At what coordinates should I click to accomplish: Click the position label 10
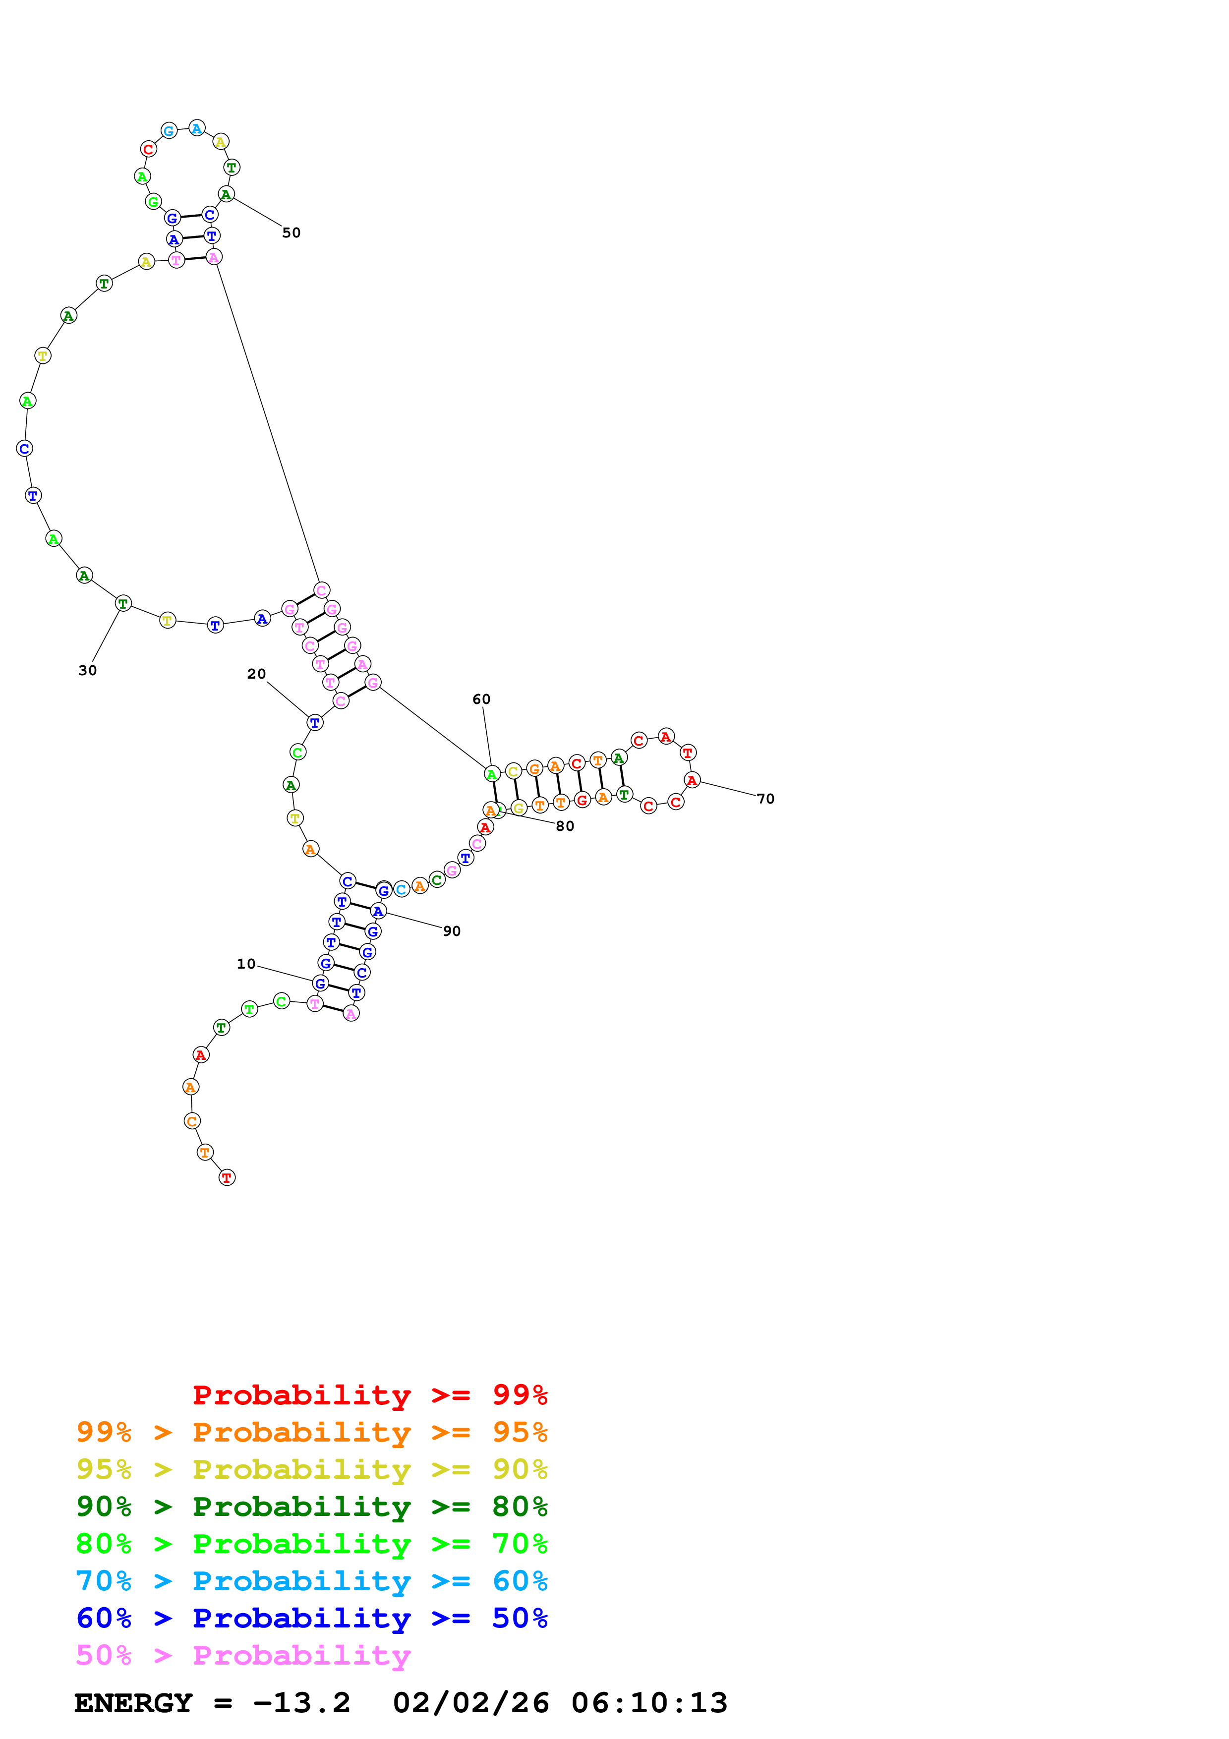[246, 964]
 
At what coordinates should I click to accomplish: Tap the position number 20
[257, 674]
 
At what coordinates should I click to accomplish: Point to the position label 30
[88, 670]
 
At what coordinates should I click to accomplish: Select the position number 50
[292, 232]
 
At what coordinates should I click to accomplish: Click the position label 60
[481, 699]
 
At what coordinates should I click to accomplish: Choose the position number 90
[452, 931]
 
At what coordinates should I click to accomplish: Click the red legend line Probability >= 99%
[369, 1395]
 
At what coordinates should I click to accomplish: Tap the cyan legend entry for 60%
[311, 1581]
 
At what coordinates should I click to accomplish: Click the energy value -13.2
[301, 1703]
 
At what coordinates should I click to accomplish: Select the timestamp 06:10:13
[649, 1703]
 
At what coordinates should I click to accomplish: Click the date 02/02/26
[471, 1703]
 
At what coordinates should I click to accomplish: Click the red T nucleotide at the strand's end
[227, 1177]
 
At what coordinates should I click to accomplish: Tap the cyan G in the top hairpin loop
[170, 131]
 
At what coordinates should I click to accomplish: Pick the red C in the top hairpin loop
[148, 149]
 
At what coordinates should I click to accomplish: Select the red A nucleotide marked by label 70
[692, 779]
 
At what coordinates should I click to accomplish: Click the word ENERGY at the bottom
[133, 1703]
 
